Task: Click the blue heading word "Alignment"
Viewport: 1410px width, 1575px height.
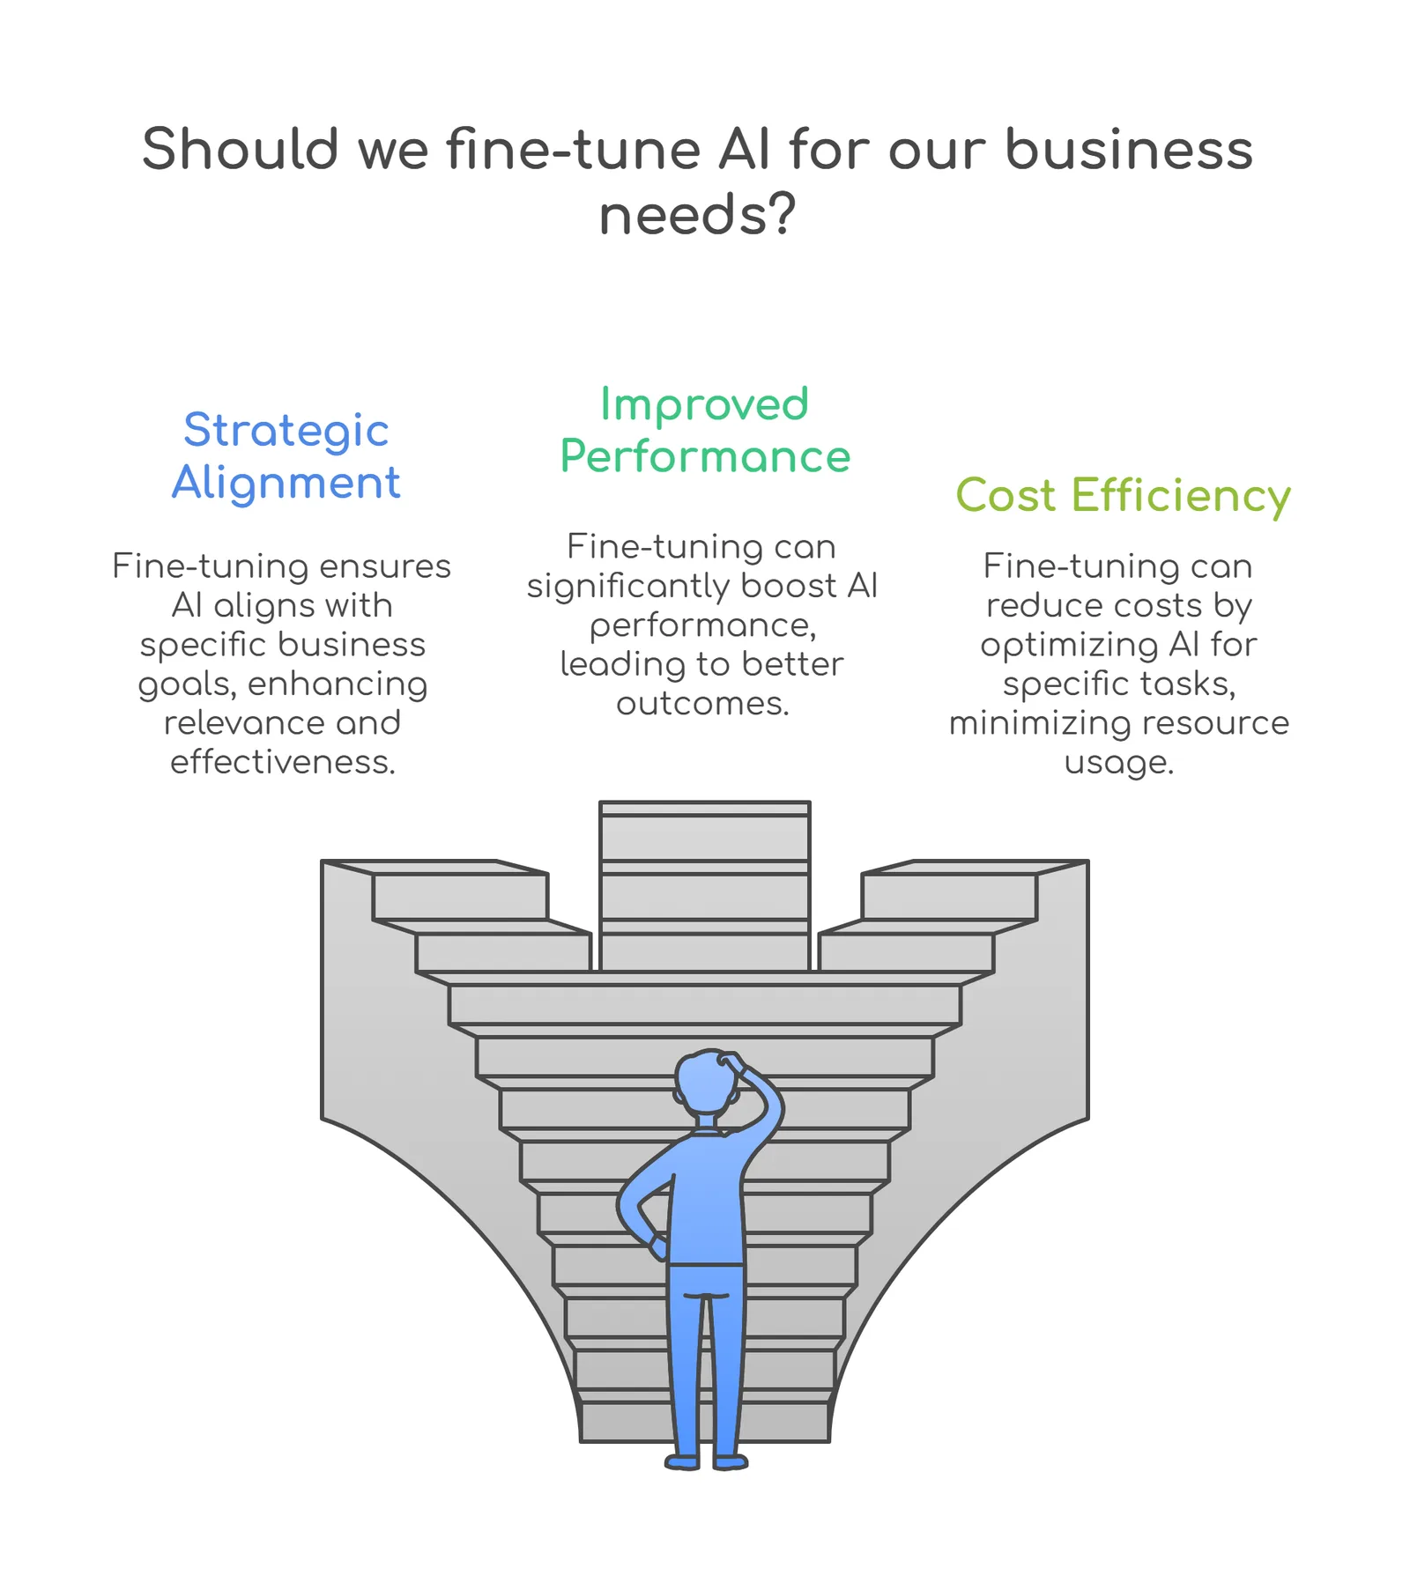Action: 286,483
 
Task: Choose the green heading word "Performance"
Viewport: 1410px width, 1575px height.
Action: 705,456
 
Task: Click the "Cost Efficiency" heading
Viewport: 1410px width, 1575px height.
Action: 1123,496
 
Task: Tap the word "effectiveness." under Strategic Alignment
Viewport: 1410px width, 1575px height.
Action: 283,762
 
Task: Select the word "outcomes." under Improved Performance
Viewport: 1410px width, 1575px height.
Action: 702,704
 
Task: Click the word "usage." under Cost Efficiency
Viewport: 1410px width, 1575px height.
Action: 1119,763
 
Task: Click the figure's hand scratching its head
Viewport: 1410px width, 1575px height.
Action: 733,1061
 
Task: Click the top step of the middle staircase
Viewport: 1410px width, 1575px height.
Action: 704,809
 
